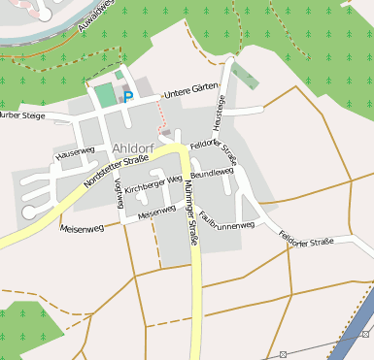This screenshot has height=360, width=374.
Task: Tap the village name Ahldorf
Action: [133, 147]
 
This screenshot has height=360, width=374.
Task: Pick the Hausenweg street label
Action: [76, 153]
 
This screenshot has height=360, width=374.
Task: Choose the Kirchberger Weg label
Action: [153, 184]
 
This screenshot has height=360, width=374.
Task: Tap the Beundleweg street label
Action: [213, 173]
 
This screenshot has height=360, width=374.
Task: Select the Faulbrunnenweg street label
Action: [228, 224]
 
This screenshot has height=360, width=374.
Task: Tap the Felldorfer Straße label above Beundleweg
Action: [215, 151]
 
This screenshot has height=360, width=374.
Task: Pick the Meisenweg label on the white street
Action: [156, 213]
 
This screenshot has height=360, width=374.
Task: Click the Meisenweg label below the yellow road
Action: [82, 229]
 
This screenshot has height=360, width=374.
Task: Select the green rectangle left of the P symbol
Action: [104, 96]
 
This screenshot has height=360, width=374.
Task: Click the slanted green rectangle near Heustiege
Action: [245, 78]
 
